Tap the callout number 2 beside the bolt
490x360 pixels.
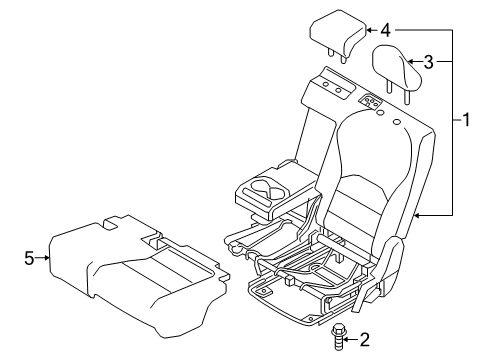click(364, 340)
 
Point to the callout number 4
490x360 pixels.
click(384, 30)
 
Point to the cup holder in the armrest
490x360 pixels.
click(267, 186)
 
